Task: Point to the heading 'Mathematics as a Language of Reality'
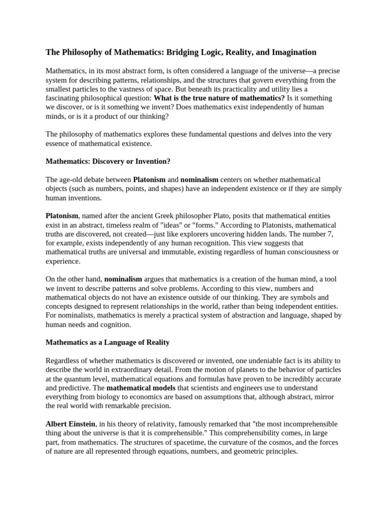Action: pos(108,342)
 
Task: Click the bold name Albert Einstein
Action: pos(70,424)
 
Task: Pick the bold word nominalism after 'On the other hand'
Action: pos(123,279)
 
